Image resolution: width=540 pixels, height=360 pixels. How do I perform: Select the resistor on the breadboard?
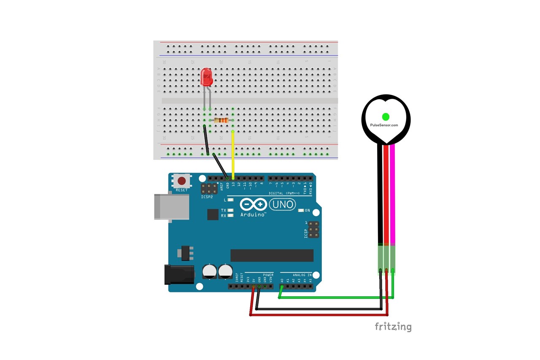(221, 120)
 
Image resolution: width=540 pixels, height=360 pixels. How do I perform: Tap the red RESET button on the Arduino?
(181, 181)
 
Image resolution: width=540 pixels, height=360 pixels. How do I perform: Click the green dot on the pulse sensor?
(385, 116)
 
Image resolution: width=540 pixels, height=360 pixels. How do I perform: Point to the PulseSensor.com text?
(384, 125)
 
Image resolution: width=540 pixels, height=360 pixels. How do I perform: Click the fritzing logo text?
(393, 327)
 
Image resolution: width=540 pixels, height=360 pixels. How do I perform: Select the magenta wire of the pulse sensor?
(393, 194)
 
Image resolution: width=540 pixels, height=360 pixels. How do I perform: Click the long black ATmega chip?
(272, 255)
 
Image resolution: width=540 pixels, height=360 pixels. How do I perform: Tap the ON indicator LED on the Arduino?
(301, 210)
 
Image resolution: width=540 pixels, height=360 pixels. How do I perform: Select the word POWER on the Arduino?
(268, 275)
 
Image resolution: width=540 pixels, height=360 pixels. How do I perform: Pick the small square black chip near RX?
(213, 215)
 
